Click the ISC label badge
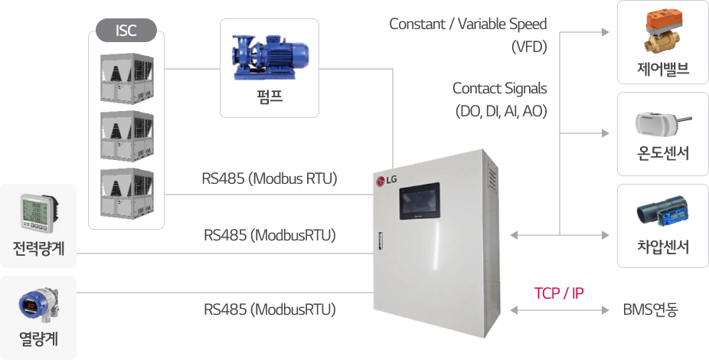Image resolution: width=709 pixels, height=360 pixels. (126, 31)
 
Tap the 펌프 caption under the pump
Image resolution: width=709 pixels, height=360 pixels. (269, 97)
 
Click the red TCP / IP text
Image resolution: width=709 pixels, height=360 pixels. (559, 293)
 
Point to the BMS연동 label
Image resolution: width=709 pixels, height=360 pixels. (651, 310)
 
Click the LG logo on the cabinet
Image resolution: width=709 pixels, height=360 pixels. (387, 182)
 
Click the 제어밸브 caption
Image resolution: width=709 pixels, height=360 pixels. (663, 70)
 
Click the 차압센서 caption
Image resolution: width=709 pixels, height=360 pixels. (663, 247)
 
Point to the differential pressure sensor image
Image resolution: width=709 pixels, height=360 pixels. (662, 214)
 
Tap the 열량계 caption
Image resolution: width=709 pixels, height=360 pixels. (38, 337)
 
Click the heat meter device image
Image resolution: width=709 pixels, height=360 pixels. (38, 304)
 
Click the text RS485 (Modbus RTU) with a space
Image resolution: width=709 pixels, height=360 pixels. (270, 179)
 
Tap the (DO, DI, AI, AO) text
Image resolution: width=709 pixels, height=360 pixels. (501, 112)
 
